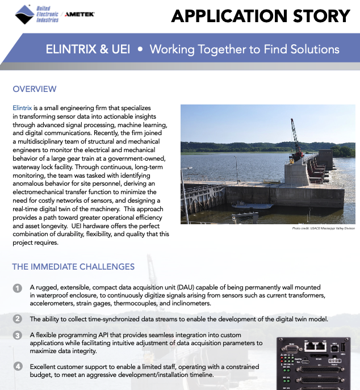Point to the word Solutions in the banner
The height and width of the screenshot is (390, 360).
pyautogui.click(x=312, y=49)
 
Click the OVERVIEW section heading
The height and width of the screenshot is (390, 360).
pyautogui.click(x=35, y=89)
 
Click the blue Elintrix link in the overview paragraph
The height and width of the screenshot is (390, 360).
pyautogui.click(x=22, y=107)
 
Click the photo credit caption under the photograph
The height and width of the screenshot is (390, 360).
pyautogui.click(x=323, y=228)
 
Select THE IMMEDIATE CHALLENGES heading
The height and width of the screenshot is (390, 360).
pyautogui.click(x=73, y=267)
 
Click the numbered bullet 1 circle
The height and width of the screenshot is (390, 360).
pyautogui.click(x=18, y=288)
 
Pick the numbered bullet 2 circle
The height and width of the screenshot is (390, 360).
pyautogui.click(x=18, y=319)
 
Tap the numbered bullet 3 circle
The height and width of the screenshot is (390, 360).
pyautogui.click(x=18, y=335)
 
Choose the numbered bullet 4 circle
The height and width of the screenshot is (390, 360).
pyautogui.click(x=18, y=366)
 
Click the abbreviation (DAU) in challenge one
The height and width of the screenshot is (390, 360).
pyautogui.click(x=196, y=288)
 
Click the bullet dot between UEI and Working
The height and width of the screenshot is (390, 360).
pyautogui.click(x=140, y=49)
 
